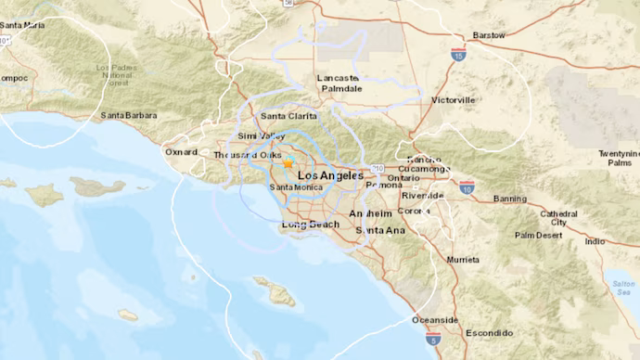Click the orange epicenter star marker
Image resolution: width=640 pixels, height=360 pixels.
pos(288,162)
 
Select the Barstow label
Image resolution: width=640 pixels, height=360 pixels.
pos(488,35)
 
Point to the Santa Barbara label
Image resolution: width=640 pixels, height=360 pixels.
pos(130,116)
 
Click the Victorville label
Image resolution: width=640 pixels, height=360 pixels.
pos(453,99)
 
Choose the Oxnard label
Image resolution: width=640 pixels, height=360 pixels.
pos(182,151)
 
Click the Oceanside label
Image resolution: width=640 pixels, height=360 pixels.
pos(435,320)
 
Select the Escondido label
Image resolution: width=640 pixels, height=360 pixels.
pos(489,332)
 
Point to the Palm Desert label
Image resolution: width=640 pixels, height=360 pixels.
pos(539,235)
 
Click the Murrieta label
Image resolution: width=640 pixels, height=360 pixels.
pos(463,259)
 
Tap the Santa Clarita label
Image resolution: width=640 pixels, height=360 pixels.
pos(287,116)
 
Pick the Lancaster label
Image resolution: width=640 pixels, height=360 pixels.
pos(337,78)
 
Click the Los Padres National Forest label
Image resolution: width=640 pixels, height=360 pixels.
pos(116,74)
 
